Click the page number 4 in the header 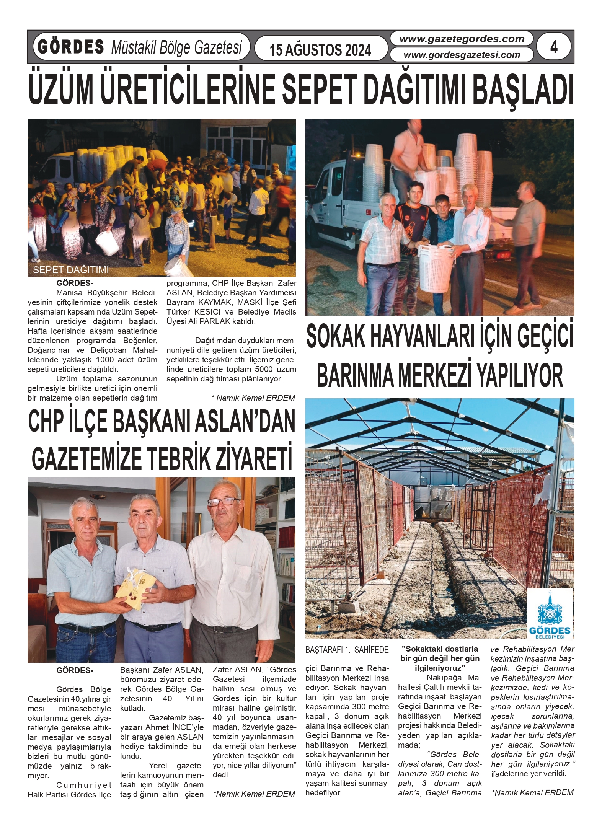[x=553, y=47]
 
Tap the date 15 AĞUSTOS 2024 [x=320, y=50]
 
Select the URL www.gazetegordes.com [x=462, y=39]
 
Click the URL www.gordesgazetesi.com [x=462, y=55]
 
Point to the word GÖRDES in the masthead [x=71, y=47]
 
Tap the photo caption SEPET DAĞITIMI [x=71, y=270]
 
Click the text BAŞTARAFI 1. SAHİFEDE [x=347, y=650]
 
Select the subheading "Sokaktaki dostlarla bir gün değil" [x=440, y=654]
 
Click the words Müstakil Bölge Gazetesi [x=176, y=47]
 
